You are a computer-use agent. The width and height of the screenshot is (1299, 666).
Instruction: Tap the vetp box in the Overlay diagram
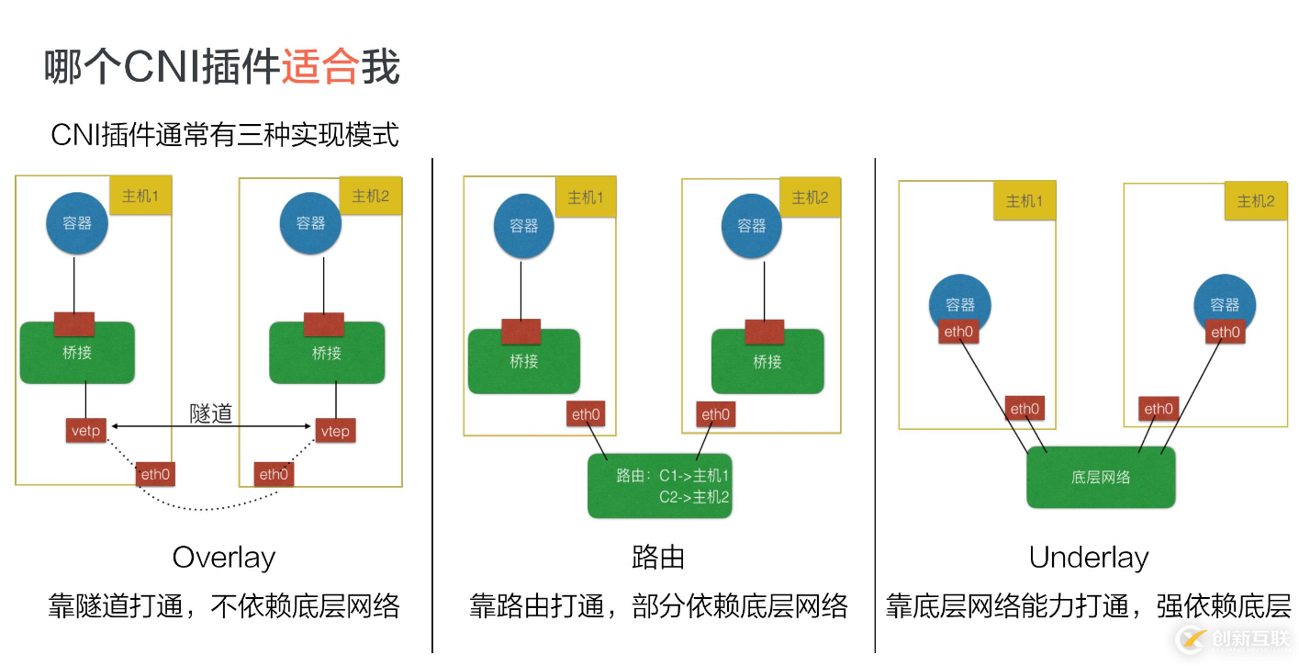pyautogui.click(x=85, y=429)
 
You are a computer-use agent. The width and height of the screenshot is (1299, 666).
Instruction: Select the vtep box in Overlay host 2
pyautogui.click(x=335, y=431)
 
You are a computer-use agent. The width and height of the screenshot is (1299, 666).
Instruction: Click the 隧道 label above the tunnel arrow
pyautogui.click(x=210, y=412)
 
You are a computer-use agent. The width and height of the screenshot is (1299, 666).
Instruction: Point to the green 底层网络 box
pyautogui.click(x=1101, y=477)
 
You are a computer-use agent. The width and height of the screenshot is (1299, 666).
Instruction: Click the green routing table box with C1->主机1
pyautogui.click(x=659, y=486)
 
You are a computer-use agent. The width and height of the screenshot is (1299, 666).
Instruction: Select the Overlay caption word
pyautogui.click(x=224, y=558)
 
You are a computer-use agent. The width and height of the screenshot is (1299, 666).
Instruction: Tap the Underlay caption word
pyautogui.click(x=1089, y=558)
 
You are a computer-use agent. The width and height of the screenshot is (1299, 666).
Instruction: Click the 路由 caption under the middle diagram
pyautogui.click(x=658, y=558)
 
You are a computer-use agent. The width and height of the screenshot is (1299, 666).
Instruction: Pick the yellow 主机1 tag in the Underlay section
pyautogui.click(x=1024, y=200)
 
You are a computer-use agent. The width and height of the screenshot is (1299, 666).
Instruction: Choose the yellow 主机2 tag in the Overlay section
pyautogui.click(x=371, y=196)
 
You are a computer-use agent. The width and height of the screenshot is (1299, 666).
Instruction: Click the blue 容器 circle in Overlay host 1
pyautogui.click(x=77, y=223)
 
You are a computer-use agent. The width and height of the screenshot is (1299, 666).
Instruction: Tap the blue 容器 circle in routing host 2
pyautogui.click(x=751, y=226)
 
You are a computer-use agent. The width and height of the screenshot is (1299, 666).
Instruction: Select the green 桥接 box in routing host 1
pyautogui.click(x=523, y=361)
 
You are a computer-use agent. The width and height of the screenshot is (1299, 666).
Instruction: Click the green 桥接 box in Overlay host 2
pyautogui.click(x=327, y=353)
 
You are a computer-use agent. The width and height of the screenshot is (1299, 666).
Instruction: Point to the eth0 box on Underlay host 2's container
pyautogui.click(x=1225, y=332)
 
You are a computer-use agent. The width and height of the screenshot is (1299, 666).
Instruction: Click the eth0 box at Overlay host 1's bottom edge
pyautogui.click(x=155, y=474)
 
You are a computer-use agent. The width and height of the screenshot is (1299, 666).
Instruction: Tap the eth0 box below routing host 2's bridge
pyautogui.click(x=715, y=414)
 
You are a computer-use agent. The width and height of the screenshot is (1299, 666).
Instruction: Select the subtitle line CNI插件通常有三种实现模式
pyautogui.click(x=225, y=135)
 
